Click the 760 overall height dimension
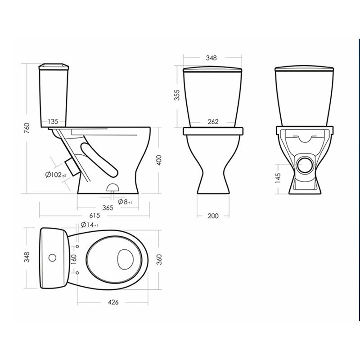[x=27, y=129]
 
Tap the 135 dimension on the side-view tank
[x=53, y=121]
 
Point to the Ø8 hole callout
[x=125, y=202]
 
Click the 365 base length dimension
[x=108, y=208]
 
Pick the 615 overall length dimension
[x=94, y=216]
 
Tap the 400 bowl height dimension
[x=159, y=160]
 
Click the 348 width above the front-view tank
[x=211, y=58]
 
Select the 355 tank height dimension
[x=177, y=95]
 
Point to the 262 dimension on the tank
[x=213, y=121]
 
